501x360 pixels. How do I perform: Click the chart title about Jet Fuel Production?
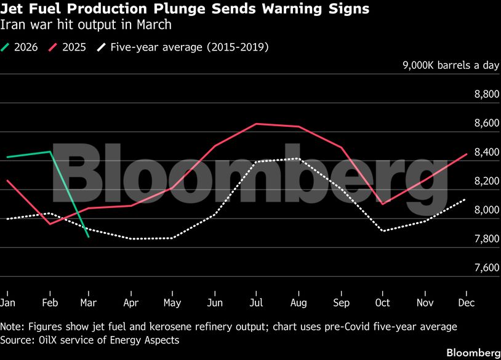pyautogui.click(x=185, y=9)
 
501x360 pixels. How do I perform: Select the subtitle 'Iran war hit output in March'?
pyautogui.click(x=86, y=25)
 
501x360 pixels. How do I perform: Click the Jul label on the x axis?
pyautogui.click(x=256, y=303)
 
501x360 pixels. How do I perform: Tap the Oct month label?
pyautogui.click(x=383, y=303)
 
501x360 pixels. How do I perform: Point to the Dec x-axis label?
pyautogui.click(x=467, y=303)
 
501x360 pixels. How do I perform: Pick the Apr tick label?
pyautogui.click(x=130, y=303)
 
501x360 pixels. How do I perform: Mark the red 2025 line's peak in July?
pyautogui.click(x=256, y=124)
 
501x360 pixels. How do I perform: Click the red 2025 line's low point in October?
pyautogui.click(x=383, y=204)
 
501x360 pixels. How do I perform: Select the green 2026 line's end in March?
pyautogui.click(x=89, y=237)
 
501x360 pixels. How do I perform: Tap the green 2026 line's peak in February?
pyautogui.click(x=49, y=151)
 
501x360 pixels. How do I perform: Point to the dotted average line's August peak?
pyautogui.click(x=298, y=158)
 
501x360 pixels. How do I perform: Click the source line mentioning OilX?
pyautogui.click(x=90, y=340)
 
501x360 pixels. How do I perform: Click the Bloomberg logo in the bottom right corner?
pyautogui.click(x=473, y=353)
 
